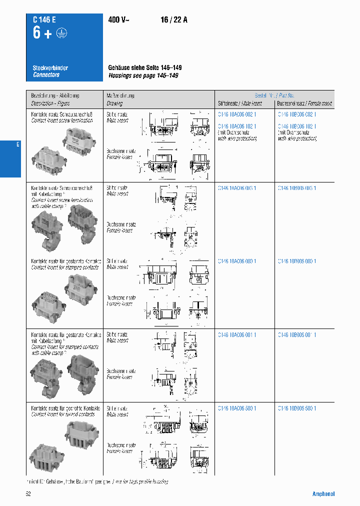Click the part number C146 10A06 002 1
[237, 114]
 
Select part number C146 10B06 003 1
[297, 188]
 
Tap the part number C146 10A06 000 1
[237, 261]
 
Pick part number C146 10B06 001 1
[297, 335]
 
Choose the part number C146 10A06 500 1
[237, 408]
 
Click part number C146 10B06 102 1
[297, 126]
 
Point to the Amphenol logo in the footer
[323, 494]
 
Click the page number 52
[28, 494]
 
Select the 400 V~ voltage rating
[118, 20]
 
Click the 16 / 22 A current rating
[174, 20]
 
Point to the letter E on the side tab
[18, 144]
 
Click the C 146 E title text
[44, 20]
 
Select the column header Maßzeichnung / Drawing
[120, 99]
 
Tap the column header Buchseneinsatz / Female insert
[304, 103]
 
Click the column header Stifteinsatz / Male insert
[239, 103]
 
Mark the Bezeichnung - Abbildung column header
[55, 95]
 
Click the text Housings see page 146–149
[143, 75]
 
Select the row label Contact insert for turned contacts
[63, 414]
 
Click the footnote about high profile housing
[97, 481]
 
